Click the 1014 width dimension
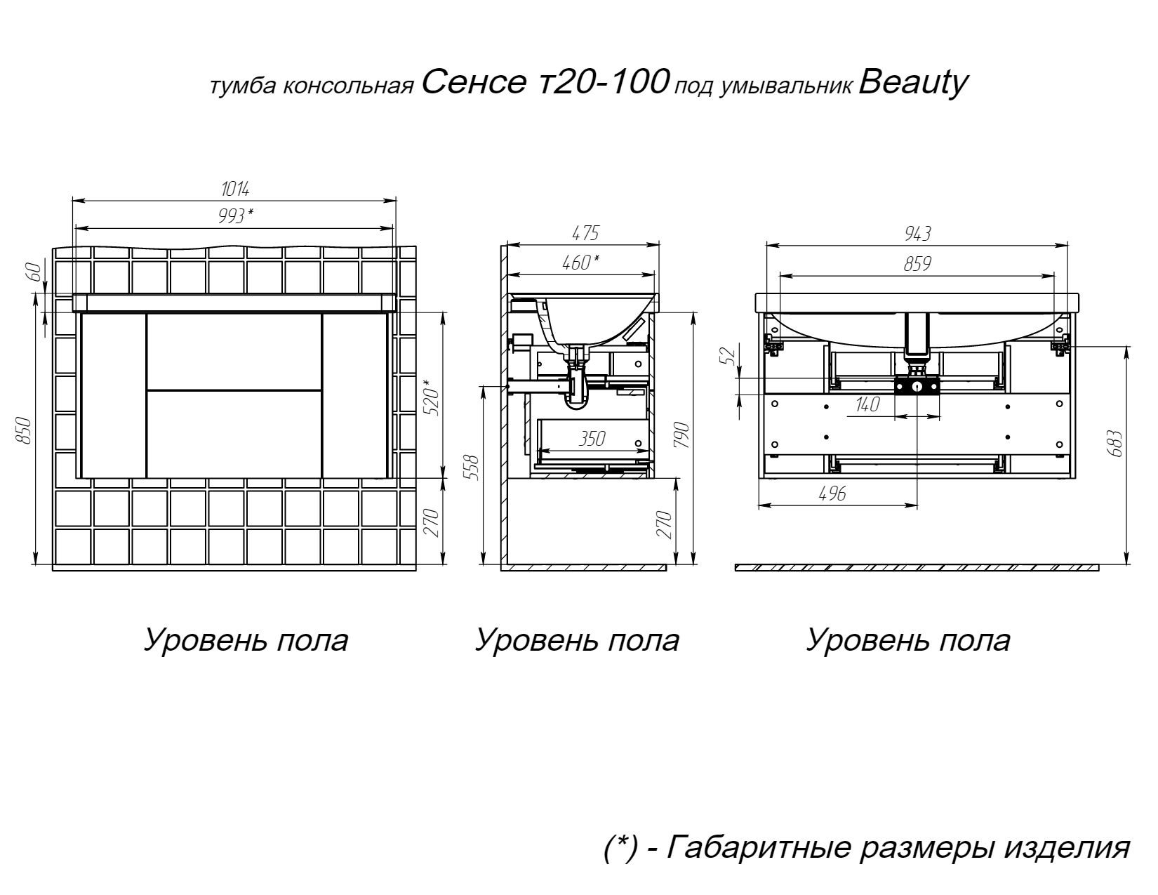(235, 189)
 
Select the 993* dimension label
(235, 217)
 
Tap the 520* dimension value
(431, 397)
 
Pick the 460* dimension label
(580, 263)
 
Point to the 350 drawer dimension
(591, 439)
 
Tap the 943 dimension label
(917, 234)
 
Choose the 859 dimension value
(917, 264)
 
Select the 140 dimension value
(867, 405)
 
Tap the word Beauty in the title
(913, 83)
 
